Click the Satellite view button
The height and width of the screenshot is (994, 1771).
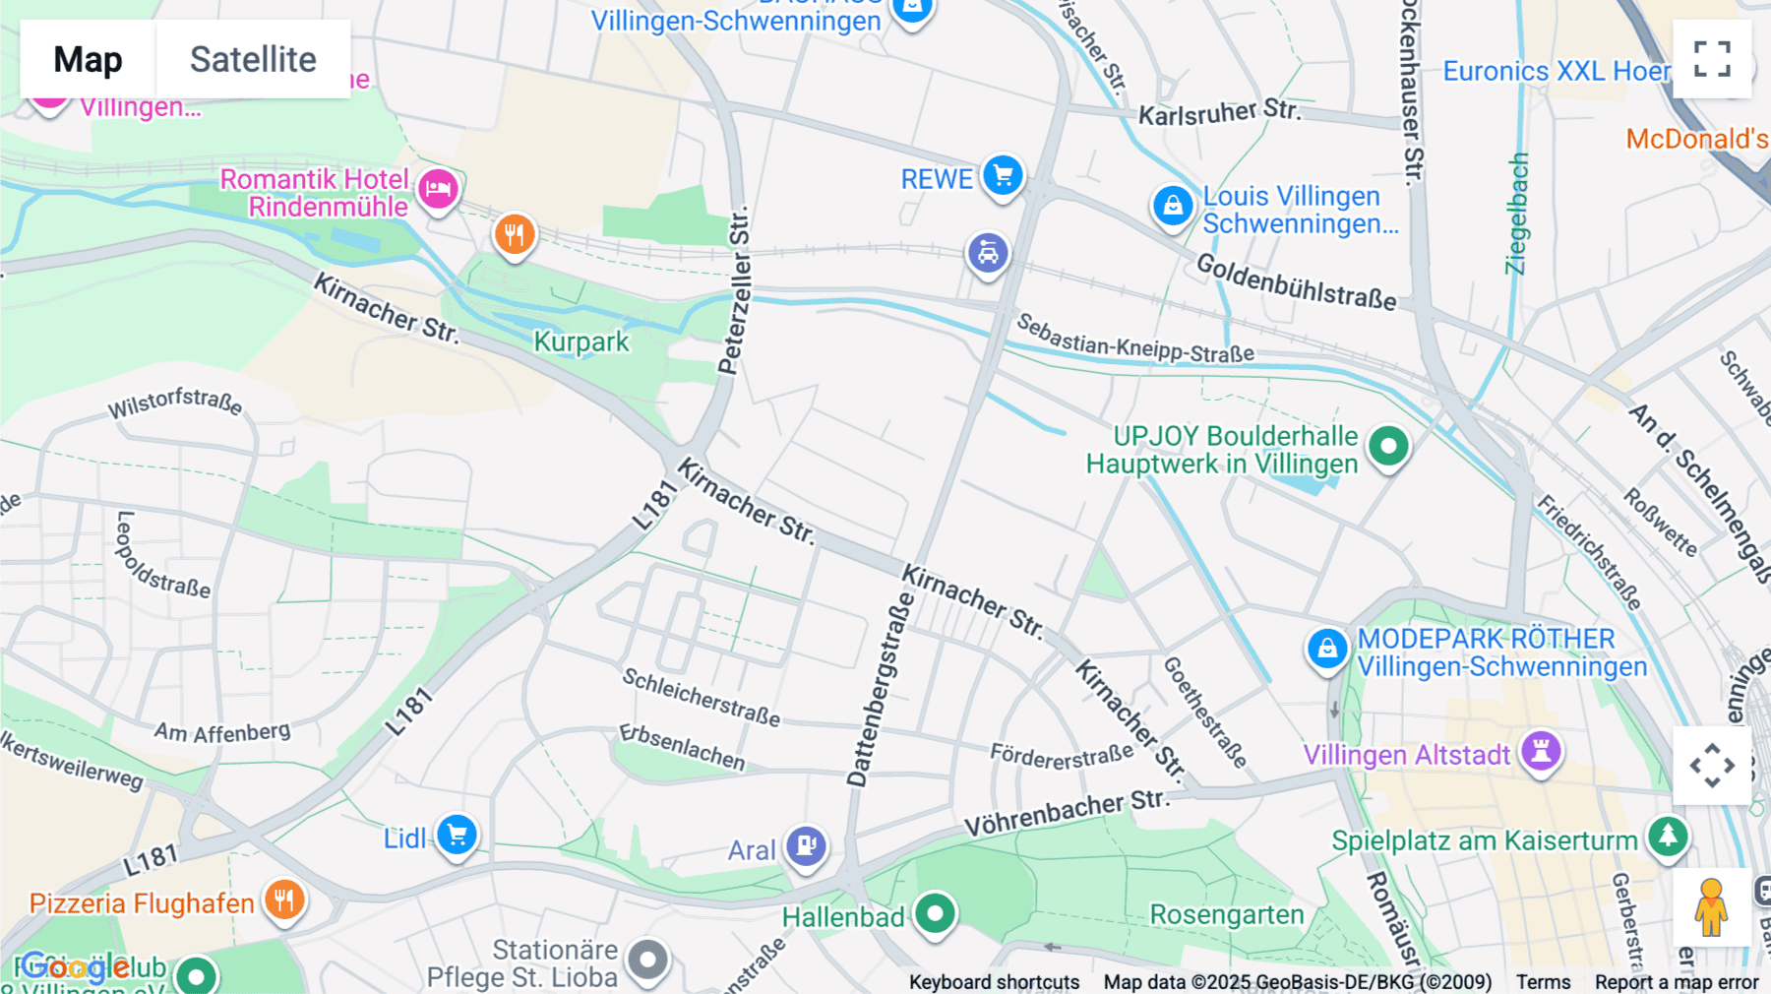[x=253, y=59]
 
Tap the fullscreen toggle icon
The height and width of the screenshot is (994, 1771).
[x=1712, y=59]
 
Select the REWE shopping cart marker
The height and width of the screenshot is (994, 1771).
[x=1003, y=176]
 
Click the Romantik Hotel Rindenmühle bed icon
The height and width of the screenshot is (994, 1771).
[x=438, y=187]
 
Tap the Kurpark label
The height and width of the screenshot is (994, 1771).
[x=580, y=342]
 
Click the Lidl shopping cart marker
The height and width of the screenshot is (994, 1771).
[x=457, y=836]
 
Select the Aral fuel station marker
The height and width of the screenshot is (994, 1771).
[x=806, y=845]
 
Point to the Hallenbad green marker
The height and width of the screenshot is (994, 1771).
[x=935, y=913]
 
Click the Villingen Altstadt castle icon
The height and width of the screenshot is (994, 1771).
[x=1541, y=751]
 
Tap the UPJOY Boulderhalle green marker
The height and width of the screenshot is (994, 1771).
[x=1388, y=446]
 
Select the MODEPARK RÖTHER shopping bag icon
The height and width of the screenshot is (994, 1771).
[x=1327, y=649]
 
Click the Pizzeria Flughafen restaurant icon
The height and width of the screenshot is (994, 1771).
[x=284, y=899]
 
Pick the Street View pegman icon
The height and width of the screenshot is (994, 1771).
[x=1711, y=907]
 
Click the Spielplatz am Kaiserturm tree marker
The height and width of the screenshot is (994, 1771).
[x=1668, y=837]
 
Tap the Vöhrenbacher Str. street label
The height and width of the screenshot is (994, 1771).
[x=1067, y=813]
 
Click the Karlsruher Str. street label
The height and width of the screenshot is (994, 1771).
[x=1219, y=112]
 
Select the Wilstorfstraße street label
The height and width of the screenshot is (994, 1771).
[x=175, y=402]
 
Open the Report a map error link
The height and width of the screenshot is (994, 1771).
[x=1676, y=982]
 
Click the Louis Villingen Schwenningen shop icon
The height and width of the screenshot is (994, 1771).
[x=1173, y=207]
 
